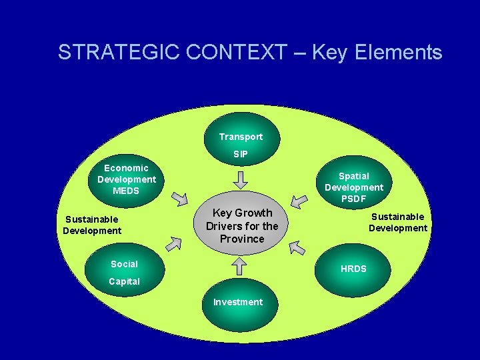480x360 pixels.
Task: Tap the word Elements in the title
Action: click(401, 53)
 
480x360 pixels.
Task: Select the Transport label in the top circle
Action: click(241, 137)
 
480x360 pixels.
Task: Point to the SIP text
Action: click(241, 154)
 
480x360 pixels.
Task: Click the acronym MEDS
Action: click(126, 191)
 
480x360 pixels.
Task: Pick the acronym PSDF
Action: click(353, 199)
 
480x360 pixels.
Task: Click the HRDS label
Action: click(353, 269)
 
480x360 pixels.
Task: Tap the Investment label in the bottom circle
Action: click(238, 302)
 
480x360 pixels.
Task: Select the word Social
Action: click(124, 264)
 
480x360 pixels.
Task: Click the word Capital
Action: click(124, 281)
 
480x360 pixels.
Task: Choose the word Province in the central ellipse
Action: click(242, 239)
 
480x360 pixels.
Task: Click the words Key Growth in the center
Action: click(242, 213)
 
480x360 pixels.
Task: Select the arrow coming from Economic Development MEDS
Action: click(180, 198)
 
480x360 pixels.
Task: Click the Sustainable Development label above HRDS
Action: click(398, 222)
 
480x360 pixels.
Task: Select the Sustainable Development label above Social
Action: click(92, 225)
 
